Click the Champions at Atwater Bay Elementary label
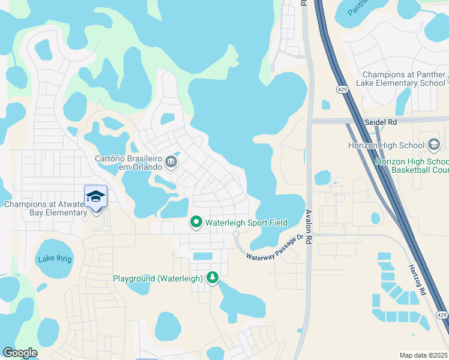click(x=46, y=208)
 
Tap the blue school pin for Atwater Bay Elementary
click(x=95, y=197)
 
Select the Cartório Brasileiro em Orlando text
click(x=128, y=163)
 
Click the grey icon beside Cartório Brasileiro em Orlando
click(x=171, y=160)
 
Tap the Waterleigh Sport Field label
click(x=246, y=223)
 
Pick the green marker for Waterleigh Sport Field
click(x=196, y=223)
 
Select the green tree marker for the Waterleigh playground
click(x=212, y=277)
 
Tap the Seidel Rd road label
click(x=381, y=121)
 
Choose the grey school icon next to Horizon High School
click(x=434, y=145)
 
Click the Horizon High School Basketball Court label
click(x=412, y=166)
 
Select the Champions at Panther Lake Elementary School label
click(x=404, y=79)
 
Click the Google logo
click(x=20, y=353)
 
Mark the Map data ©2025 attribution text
click(x=424, y=355)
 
